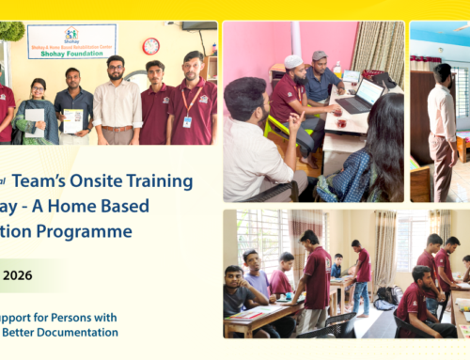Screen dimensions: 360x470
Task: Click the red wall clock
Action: coord(150,46)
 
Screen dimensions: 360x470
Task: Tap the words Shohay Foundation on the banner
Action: coord(70,53)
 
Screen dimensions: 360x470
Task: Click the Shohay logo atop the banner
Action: coord(71,30)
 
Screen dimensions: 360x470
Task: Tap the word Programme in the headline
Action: coord(95,230)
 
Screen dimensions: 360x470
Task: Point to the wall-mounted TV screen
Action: coord(197,26)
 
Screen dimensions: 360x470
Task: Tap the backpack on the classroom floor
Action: coord(386,296)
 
